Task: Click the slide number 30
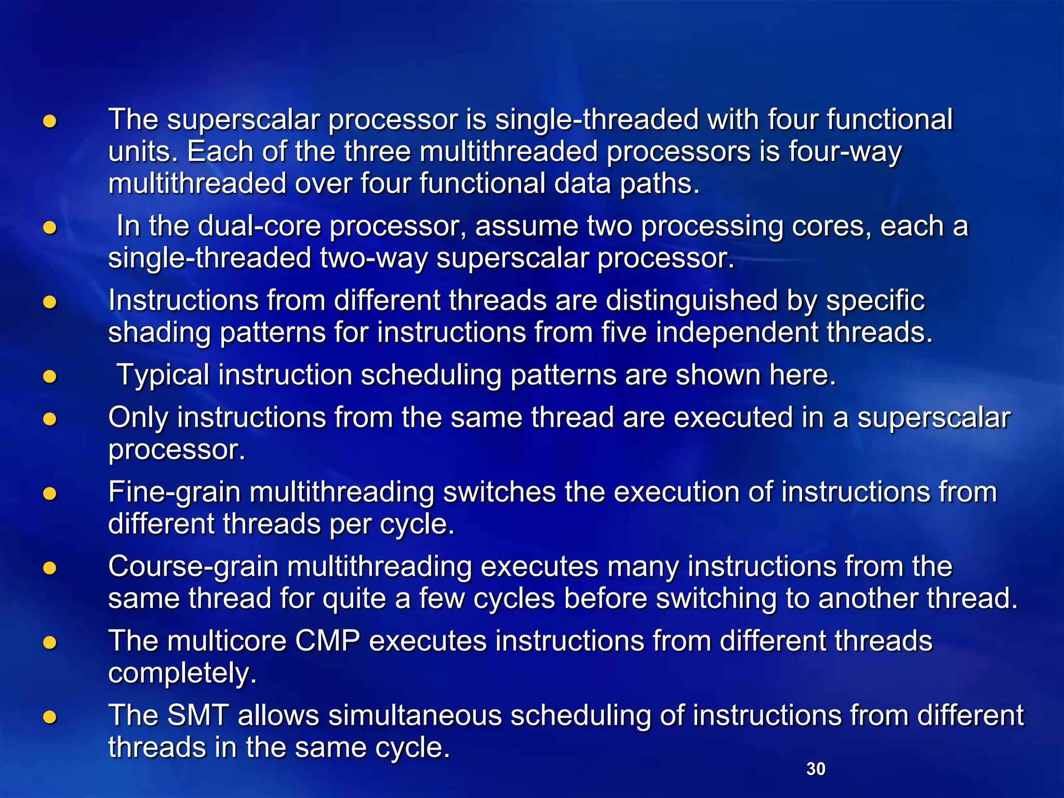tap(816, 769)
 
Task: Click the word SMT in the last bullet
tap(198, 715)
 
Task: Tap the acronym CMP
tap(327, 641)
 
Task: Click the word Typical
tap(163, 375)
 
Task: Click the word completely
tap(182, 673)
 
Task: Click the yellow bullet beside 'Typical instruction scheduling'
tap(50, 376)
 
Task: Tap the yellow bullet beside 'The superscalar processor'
tap(50, 122)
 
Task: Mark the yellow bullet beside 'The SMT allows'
tap(50, 717)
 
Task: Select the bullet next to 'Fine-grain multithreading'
tap(50, 494)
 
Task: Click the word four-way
tap(845, 152)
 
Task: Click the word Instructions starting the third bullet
tap(183, 301)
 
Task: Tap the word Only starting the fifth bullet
tap(138, 418)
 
